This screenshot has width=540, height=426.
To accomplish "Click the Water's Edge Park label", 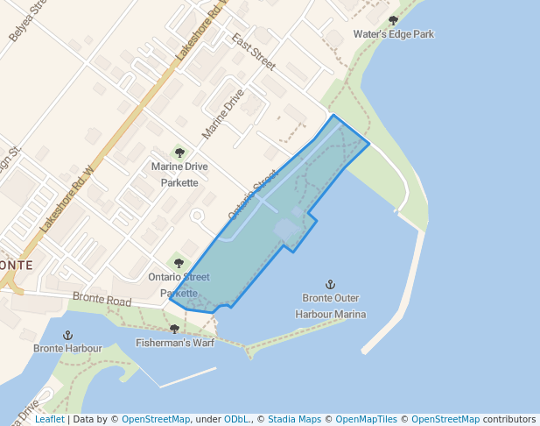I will pos(393,34).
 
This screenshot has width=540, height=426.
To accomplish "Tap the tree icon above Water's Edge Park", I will pos(393,20).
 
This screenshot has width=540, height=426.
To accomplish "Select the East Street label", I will pos(254,52).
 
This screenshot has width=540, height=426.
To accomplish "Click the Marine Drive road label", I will pos(223,114).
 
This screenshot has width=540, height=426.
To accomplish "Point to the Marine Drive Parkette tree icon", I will pos(179,153).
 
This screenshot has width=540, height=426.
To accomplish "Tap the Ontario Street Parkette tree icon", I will pos(179,262).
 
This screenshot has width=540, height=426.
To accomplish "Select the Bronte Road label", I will pos(102,301).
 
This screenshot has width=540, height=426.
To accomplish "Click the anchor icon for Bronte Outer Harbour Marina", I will pos(330,284).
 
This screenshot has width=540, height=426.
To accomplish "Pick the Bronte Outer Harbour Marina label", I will pos(330,306).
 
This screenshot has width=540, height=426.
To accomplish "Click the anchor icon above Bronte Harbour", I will pos(67,335).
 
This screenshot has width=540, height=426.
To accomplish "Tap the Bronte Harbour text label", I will pos(67,348).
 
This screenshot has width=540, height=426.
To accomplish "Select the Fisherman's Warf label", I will pos(175,342).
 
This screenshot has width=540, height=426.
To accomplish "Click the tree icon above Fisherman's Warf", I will pos(174,329).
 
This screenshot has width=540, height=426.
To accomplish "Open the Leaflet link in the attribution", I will pos(49,419).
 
